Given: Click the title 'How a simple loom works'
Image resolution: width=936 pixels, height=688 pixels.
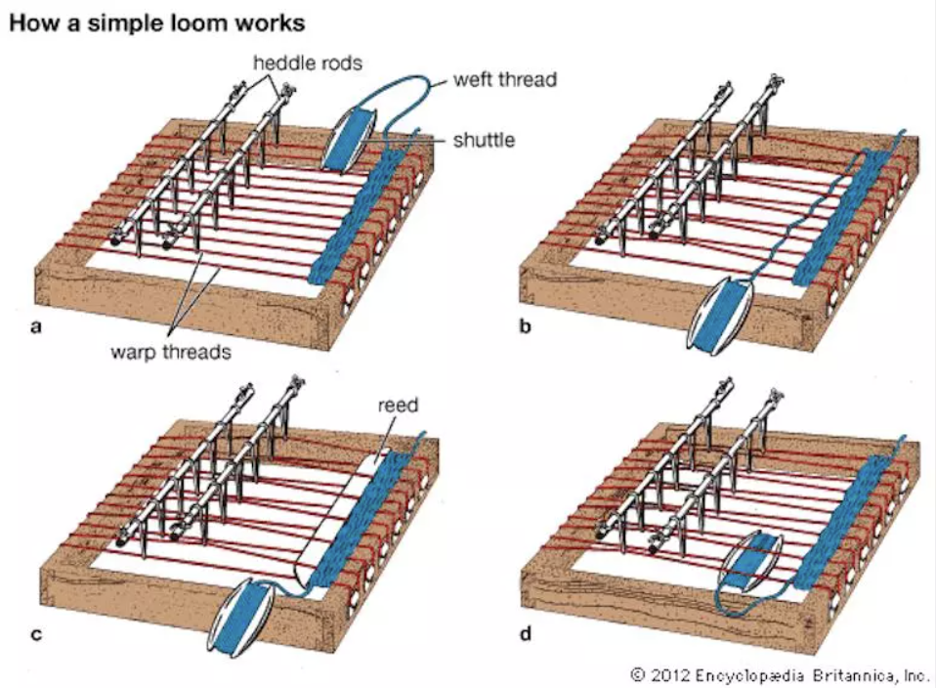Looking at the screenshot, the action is click(157, 22).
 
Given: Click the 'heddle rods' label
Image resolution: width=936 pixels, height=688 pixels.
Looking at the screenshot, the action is click(308, 63).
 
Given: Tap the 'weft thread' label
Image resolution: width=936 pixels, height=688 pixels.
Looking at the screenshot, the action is click(505, 79).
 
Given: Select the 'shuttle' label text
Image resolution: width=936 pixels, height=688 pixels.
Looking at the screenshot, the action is click(484, 140).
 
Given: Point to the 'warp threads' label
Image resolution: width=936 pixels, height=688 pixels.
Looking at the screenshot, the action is click(171, 352).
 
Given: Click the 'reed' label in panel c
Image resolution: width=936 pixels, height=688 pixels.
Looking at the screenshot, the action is click(399, 405).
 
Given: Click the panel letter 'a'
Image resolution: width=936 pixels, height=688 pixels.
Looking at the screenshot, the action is click(36, 326).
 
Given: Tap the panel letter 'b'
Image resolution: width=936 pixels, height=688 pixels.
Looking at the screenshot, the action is click(526, 325).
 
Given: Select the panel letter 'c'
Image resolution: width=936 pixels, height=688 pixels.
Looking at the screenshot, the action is click(36, 633).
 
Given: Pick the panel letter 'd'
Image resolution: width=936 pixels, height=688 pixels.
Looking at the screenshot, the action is click(526, 632).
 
